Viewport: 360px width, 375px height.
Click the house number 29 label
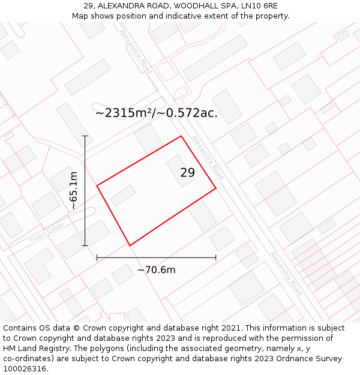click(187, 173)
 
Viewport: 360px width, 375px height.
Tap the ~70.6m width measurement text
click(157, 270)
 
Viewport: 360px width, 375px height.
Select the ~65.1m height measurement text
click(73, 190)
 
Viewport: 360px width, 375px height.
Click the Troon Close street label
click(46, 233)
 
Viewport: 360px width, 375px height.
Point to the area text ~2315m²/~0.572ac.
click(156, 113)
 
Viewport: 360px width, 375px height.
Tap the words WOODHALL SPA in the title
click(201, 5)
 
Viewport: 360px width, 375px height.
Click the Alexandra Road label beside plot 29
click(208, 157)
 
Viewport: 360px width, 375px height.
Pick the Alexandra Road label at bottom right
click(286, 273)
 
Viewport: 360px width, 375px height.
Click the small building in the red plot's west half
click(123, 196)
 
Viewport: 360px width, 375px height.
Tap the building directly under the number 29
click(179, 170)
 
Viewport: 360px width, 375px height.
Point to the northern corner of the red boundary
click(181, 136)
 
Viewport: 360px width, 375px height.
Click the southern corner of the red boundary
click(130, 245)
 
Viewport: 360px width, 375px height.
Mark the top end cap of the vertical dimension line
click(85, 136)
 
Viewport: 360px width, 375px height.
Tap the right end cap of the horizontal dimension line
click(216, 258)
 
